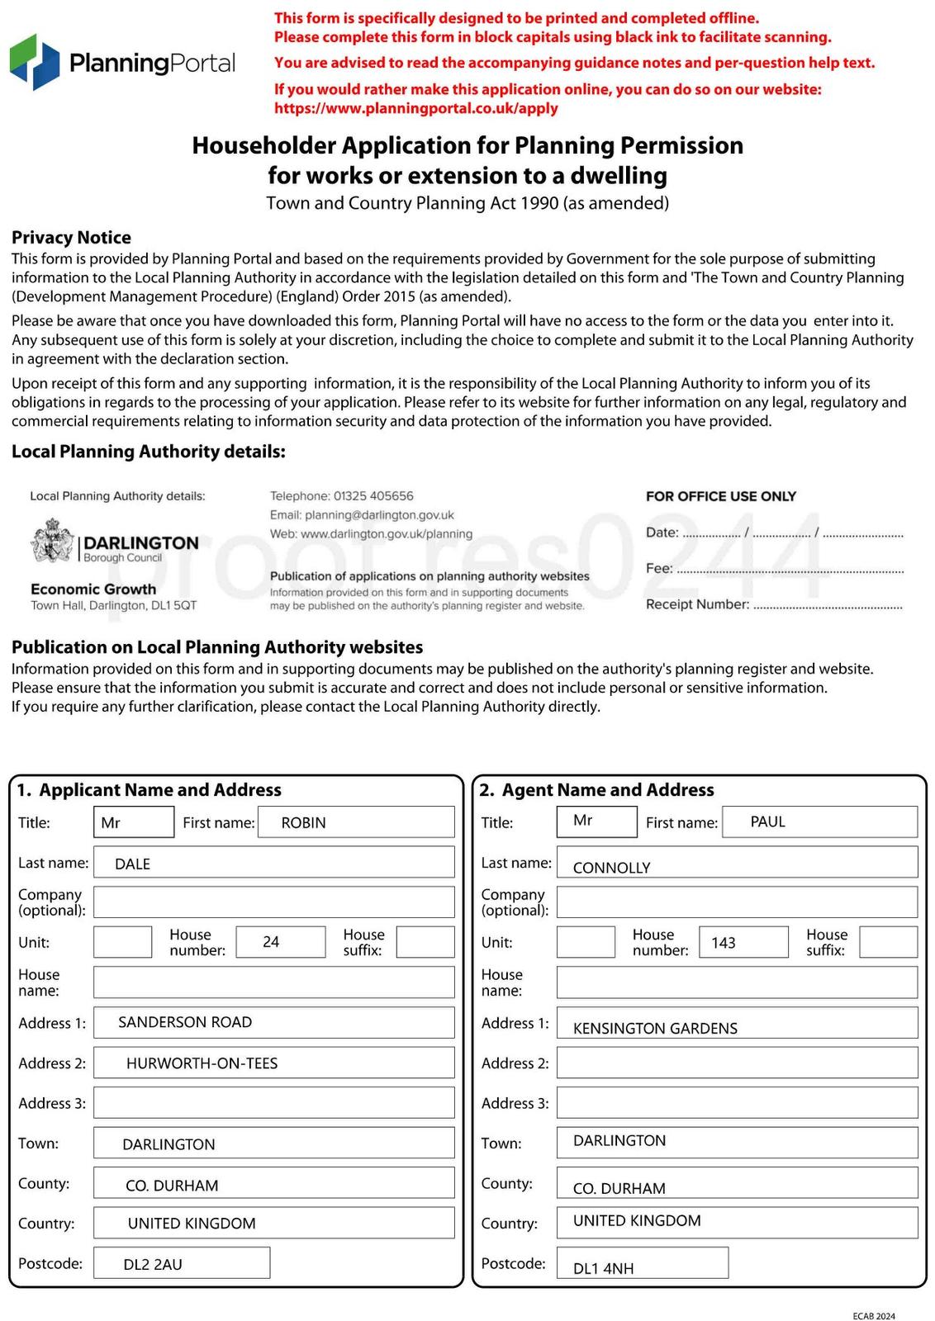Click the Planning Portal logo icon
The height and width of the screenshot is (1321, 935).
[35, 62]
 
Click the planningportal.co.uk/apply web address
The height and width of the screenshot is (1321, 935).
[415, 108]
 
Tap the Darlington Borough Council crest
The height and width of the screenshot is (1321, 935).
[53, 542]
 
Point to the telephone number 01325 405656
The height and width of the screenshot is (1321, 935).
[373, 496]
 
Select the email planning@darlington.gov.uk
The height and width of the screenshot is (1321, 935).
[379, 515]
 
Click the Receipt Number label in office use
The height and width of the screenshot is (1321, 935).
[697, 604]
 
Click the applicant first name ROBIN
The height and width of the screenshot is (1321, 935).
[303, 823]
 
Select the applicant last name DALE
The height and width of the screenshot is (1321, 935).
[132, 864]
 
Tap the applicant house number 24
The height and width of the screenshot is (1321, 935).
[271, 942]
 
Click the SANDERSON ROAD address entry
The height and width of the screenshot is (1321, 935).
[185, 1022]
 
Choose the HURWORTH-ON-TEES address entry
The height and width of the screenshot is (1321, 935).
[202, 1063]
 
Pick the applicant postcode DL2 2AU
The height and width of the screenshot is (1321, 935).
[153, 1264]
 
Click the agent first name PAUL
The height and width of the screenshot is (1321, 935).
[767, 822]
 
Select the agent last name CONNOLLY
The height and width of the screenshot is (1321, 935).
[611, 868]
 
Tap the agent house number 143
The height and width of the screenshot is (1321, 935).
[723, 943]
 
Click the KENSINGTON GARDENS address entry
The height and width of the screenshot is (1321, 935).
[655, 1029]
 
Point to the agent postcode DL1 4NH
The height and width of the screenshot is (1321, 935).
[603, 1269]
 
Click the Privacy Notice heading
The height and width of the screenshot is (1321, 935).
[71, 238]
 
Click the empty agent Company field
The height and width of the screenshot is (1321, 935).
[737, 902]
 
